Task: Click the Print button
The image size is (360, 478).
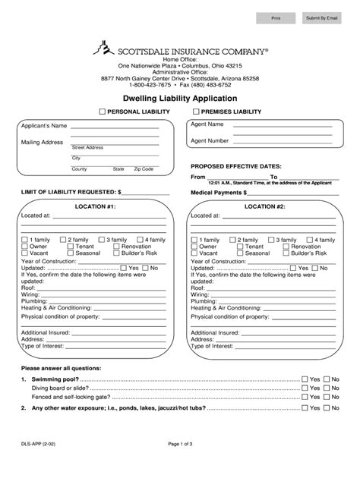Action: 276,17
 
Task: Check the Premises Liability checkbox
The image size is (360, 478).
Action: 196,112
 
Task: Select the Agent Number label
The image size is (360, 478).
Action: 210,140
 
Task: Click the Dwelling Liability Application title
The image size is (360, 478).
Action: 180,99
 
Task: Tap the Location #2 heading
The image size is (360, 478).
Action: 264,206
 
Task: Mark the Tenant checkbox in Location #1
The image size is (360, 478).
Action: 65,247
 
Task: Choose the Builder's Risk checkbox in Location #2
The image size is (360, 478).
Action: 286,253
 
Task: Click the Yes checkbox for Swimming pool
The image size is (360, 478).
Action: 305,378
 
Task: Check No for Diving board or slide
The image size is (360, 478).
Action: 327,388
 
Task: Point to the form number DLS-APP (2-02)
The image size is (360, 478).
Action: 38,462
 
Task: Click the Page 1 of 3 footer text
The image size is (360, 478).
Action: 180,462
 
